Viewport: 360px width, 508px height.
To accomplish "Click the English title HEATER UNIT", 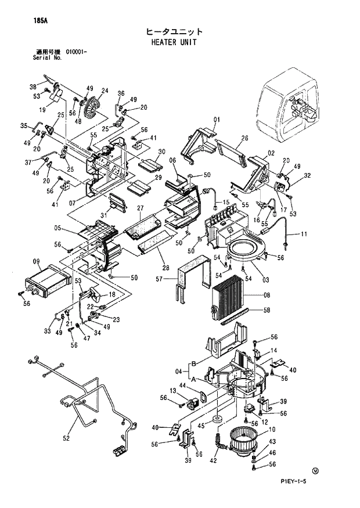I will click(174, 42).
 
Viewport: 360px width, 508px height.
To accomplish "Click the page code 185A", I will click(24, 21).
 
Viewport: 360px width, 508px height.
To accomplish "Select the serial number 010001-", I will click(77, 53).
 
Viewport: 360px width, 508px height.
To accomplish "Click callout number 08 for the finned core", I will click(267, 295).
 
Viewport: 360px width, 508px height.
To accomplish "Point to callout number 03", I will click(265, 280).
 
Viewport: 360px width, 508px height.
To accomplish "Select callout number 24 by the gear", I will click(105, 91).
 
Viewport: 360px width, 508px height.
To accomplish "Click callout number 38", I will click(34, 87).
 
